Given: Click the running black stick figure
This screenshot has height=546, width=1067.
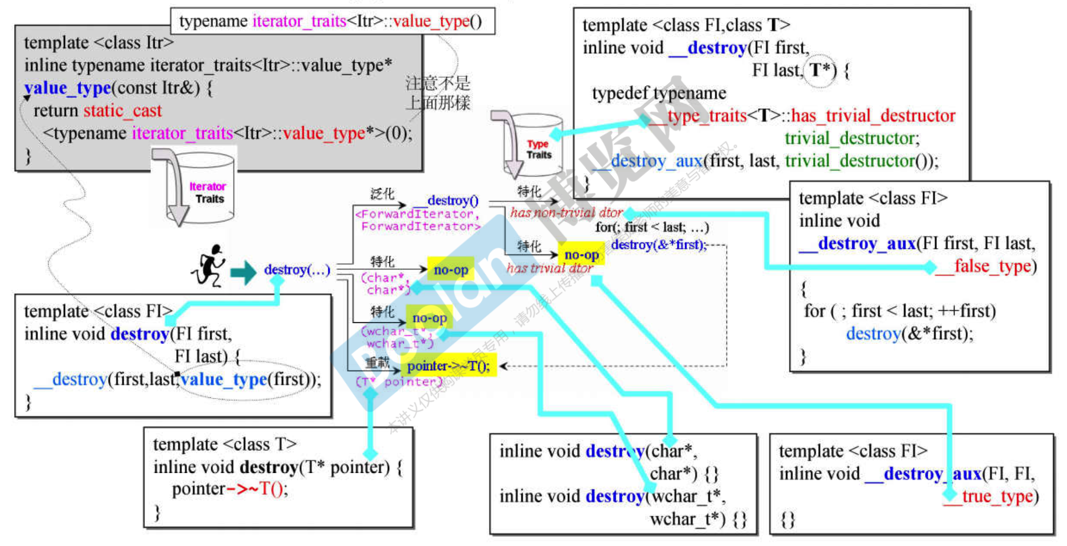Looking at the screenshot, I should pyautogui.click(x=209, y=266).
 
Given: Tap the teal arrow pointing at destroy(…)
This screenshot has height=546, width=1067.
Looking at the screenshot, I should pyautogui.click(x=244, y=272).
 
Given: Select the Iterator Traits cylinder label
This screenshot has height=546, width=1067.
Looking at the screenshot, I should pyautogui.click(x=208, y=193).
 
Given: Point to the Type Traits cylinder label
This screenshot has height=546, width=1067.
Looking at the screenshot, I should pyautogui.click(x=538, y=149).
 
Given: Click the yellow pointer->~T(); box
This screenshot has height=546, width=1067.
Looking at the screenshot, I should pyautogui.click(x=448, y=366).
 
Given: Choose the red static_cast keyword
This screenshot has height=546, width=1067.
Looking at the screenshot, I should pyautogui.click(x=122, y=110).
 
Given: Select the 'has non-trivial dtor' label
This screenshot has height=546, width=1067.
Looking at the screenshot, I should pyautogui.click(x=566, y=213).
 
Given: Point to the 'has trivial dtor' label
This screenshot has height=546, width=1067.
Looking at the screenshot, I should pyautogui.click(x=550, y=268).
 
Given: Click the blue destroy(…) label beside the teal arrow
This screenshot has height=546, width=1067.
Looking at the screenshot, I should pyautogui.click(x=297, y=270).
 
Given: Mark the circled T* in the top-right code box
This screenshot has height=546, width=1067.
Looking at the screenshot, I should pyautogui.click(x=820, y=70).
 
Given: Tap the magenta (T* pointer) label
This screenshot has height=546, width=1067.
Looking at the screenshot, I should pyautogui.click(x=399, y=382).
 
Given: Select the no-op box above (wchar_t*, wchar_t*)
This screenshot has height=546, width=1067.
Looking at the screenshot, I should pyautogui.click(x=429, y=318).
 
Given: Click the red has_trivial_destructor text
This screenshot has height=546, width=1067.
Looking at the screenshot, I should pyautogui.click(x=873, y=115).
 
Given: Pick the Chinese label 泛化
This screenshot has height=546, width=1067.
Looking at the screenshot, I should pyautogui.click(x=382, y=193).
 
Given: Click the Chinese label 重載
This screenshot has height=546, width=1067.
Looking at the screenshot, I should pyautogui.click(x=377, y=363).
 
